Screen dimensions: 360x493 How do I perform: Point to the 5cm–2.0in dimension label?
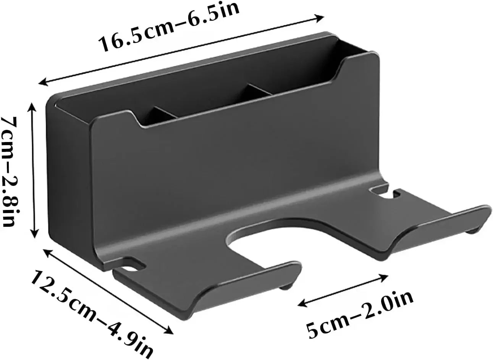click(x=360, y=313)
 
